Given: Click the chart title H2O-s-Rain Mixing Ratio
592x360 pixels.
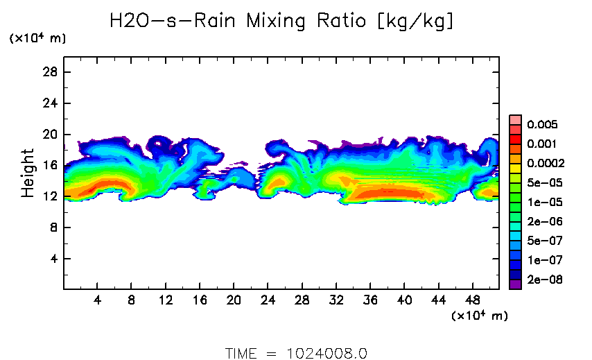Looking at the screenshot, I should [x=282, y=22].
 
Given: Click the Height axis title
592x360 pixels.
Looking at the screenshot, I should [x=28, y=173].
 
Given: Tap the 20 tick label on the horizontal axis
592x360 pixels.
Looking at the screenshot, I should [x=234, y=300].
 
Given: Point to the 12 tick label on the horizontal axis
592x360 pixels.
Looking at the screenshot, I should [x=165, y=300].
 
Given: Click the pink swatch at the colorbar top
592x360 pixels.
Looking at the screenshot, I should [x=515, y=119].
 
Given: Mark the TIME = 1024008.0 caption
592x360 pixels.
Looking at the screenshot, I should [x=296, y=353].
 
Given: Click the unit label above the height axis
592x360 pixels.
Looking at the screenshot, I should [x=37, y=39].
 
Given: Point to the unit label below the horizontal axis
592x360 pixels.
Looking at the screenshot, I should [x=479, y=316].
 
